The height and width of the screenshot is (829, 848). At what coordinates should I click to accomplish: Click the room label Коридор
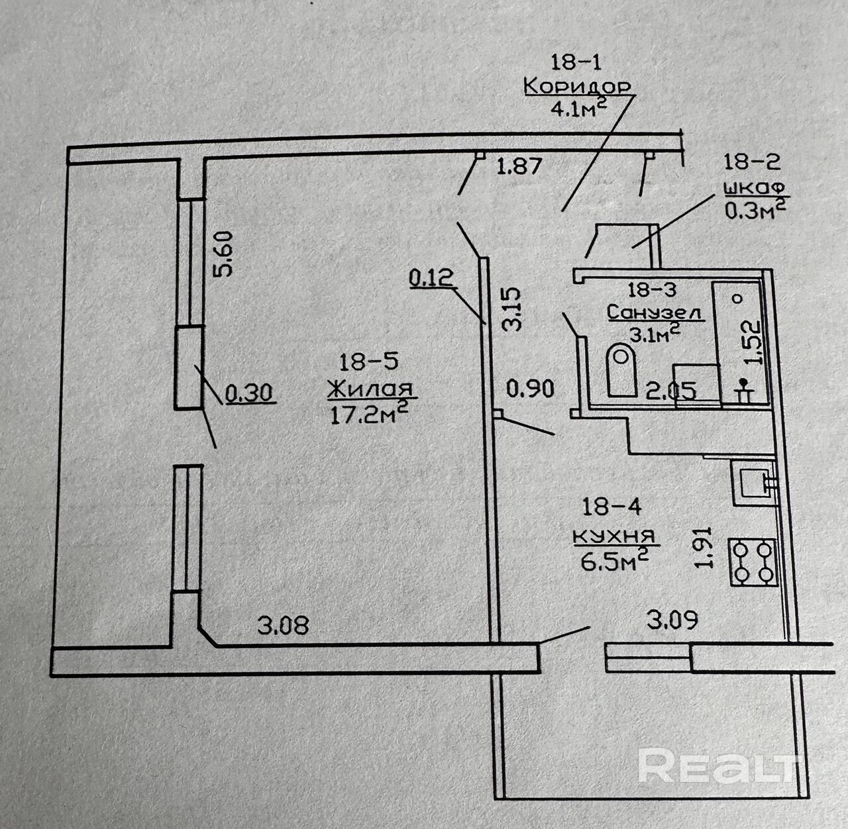coord(577,87)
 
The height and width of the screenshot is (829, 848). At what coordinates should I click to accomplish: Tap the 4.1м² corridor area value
coord(579,108)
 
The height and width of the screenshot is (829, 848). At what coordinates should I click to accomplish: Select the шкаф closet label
coord(754,189)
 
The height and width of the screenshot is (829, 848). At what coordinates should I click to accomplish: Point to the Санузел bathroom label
coord(655,313)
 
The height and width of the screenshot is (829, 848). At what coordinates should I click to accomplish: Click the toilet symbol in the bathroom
coord(621,370)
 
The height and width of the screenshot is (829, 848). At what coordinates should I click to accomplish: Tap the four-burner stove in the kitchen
coord(753,562)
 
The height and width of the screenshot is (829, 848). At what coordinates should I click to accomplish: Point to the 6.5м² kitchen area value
coord(613,560)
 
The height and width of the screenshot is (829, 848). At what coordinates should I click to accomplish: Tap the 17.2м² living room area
coord(370,412)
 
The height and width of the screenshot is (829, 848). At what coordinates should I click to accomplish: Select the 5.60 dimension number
coord(223,254)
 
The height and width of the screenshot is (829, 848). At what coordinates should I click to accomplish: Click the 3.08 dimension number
coord(284,625)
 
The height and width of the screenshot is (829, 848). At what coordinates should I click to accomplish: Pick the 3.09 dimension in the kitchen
coord(672,620)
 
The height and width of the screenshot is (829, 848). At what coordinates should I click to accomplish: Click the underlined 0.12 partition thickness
coord(431,278)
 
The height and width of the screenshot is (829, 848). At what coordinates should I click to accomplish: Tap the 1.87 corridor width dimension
coord(520,166)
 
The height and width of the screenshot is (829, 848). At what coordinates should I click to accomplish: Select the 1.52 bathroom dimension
coord(752,343)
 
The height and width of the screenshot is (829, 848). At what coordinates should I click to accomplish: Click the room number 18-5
coord(369,362)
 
